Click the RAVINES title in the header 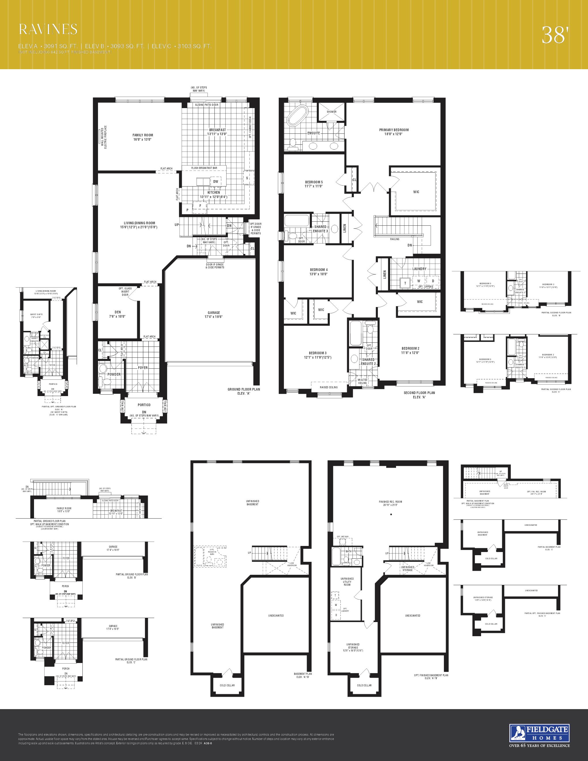48,29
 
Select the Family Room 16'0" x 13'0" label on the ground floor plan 142,137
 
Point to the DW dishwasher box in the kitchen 216,182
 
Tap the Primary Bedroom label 394,132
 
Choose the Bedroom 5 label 314,184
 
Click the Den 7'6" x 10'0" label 118,314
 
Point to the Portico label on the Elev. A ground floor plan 144,405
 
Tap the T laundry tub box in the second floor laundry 405,283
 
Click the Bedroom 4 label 319,272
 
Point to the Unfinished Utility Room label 347,581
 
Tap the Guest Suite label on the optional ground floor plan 36,316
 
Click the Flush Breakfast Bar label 204,168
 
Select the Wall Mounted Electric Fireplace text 104,137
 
